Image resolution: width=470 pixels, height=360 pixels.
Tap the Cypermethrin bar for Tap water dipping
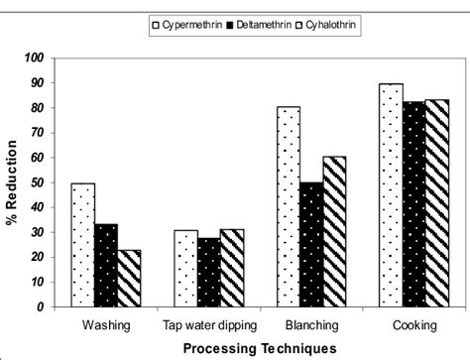[185, 268]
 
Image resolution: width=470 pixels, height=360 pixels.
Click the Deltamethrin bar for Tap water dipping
[208, 272]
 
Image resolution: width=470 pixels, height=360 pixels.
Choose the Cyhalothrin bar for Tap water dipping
[231, 268]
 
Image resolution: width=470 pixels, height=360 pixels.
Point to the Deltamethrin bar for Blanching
[311, 244]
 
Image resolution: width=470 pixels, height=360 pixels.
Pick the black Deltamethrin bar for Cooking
[413, 203]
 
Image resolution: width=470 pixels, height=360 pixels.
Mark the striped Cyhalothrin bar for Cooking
[436, 202]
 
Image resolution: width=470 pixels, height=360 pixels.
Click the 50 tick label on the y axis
[41, 182]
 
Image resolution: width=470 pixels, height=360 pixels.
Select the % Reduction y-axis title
[12, 183]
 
